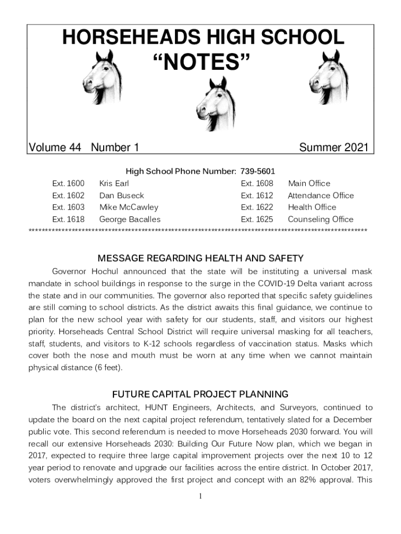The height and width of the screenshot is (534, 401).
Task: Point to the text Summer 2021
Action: tap(333, 148)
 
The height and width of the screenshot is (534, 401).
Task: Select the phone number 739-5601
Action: tap(258, 171)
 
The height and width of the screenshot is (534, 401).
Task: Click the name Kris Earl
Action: tap(114, 183)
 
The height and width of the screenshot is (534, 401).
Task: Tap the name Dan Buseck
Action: tap(121, 196)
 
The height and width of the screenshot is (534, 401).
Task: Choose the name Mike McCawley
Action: tap(129, 207)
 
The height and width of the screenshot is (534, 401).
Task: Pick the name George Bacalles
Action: tap(130, 219)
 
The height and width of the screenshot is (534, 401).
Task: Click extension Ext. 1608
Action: tap(257, 183)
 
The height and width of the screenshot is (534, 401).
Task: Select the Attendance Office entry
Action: tap(321, 196)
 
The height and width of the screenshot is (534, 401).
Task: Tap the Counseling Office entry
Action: tap(320, 219)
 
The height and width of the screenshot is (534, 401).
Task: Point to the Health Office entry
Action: tap(312, 207)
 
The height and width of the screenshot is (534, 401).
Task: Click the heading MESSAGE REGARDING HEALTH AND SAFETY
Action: tap(200, 258)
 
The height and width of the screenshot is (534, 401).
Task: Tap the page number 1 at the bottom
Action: tap(200, 496)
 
